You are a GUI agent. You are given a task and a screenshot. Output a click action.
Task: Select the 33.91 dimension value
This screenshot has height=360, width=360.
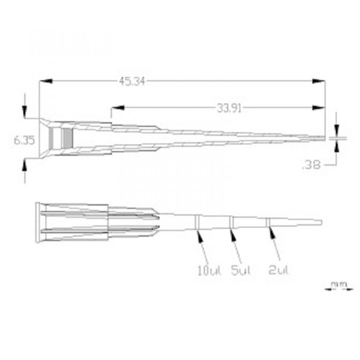[229, 109]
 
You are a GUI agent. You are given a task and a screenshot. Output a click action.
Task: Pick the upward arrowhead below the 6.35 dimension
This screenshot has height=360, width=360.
[25, 165]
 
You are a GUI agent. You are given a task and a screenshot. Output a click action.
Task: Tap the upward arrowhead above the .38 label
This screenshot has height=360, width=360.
[337, 145]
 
